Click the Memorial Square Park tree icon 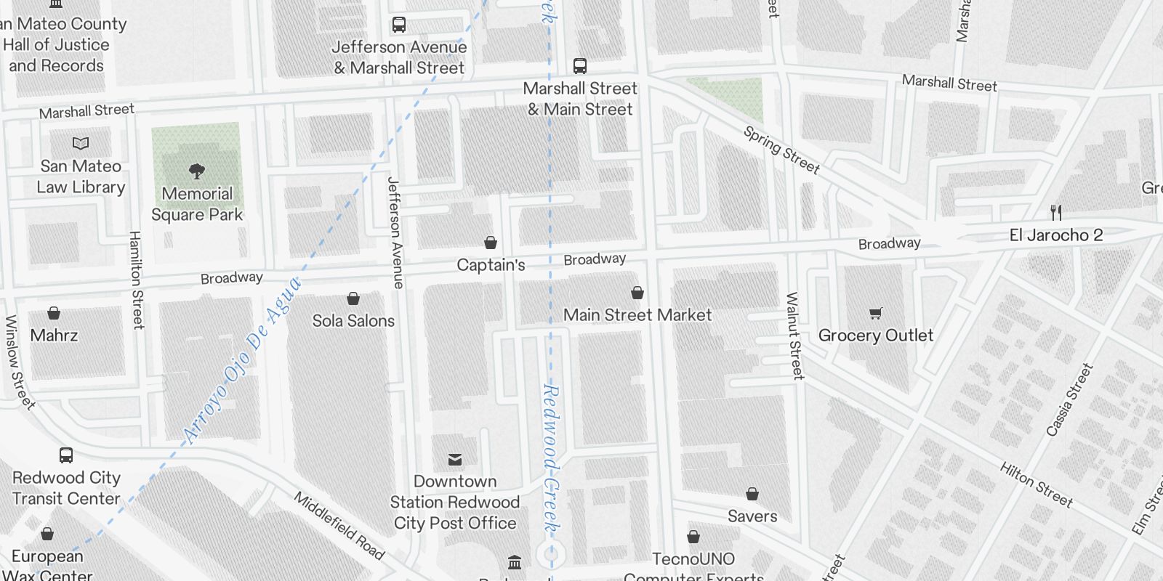196,171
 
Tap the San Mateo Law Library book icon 81,144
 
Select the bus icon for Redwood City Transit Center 66,455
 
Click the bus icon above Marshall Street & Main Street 580,66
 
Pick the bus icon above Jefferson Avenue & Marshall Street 399,25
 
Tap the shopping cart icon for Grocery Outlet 876,313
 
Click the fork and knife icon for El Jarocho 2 1056,213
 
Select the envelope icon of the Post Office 455,459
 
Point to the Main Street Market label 637,315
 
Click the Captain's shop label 491,265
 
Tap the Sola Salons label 353,321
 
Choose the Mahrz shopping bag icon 54,313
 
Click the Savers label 752,516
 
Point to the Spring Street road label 781,150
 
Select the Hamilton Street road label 136,280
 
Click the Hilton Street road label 1036,484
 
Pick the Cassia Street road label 1069,399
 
